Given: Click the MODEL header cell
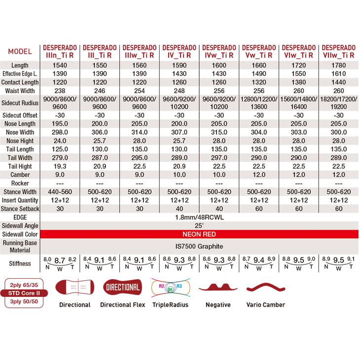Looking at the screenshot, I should click(x=20, y=51).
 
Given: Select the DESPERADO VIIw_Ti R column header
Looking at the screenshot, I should click(x=338, y=51).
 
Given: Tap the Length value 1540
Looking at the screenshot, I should click(x=60, y=66).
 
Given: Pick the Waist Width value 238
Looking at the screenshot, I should click(x=60, y=91).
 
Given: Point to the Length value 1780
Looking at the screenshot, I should click(x=338, y=66).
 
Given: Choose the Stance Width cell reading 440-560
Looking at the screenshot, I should click(x=60, y=192).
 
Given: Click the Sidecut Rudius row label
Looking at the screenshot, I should click(x=20, y=104).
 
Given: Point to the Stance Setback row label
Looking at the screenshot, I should click(x=20, y=209).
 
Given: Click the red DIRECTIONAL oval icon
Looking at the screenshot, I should click(x=122, y=287).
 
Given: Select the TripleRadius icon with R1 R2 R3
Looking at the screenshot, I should click(x=171, y=288).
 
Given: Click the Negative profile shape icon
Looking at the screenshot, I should click(x=218, y=288).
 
